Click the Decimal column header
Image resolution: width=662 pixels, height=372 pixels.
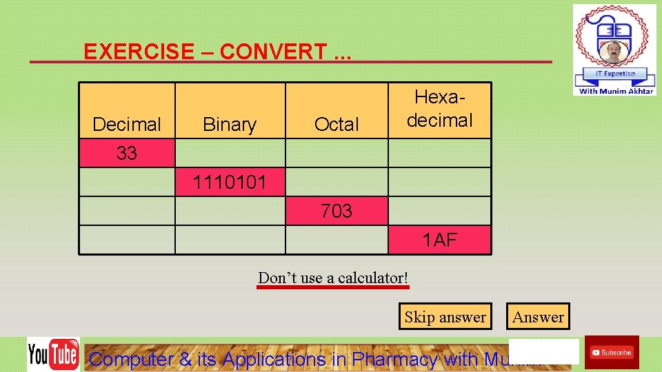tap(127, 124)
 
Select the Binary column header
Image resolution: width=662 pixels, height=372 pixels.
tap(230, 124)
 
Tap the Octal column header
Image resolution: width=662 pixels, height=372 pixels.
tap(337, 124)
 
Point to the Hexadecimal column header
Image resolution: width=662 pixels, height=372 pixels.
tap(439, 110)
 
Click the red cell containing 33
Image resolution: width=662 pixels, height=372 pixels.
tap(127, 153)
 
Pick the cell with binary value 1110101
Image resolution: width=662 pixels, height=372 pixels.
tap(230, 183)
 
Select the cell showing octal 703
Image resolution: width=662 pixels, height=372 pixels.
tap(337, 211)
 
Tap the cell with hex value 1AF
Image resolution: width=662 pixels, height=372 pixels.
tap(439, 240)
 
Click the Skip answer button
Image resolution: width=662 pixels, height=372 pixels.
tap(445, 317)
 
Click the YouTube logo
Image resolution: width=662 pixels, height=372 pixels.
tap(53, 354)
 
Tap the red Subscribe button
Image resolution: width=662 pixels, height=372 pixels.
tap(612, 352)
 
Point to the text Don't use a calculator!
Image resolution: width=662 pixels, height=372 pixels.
tap(333, 278)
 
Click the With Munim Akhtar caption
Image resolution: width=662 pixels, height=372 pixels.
tap(616, 91)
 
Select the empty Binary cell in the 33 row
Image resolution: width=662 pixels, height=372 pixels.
tap(230, 153)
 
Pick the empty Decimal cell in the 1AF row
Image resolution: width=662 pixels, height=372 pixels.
tap(127, 240)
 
